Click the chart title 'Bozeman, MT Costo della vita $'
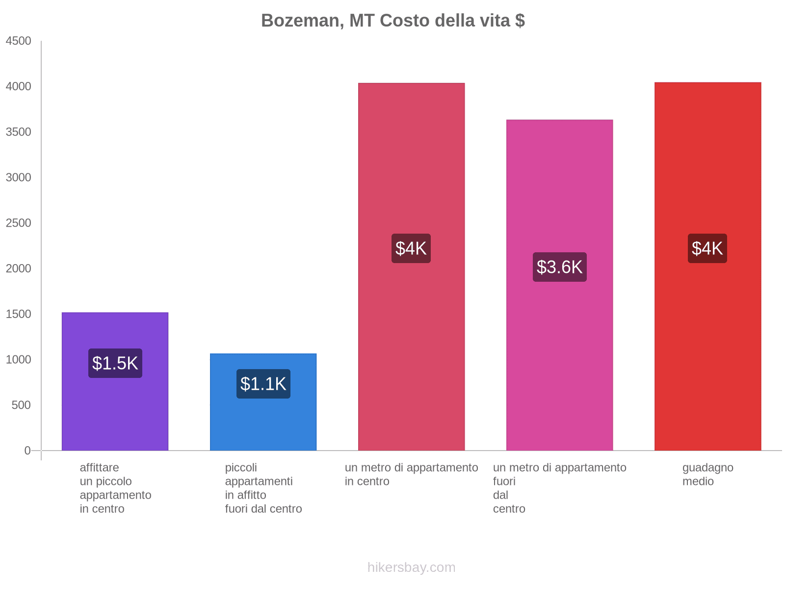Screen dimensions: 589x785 [x=392, y=21]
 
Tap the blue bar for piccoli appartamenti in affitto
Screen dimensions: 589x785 [x=263, y=422]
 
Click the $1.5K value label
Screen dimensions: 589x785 [x=115, y=363]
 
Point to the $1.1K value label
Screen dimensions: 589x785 [x=263, y=384]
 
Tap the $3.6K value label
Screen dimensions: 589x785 [x=559, y=267]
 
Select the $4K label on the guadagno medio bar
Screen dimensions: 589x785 [x=707, y=248]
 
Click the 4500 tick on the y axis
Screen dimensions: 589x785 [x=19, y=41]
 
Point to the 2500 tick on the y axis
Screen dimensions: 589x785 [x=19, y=223]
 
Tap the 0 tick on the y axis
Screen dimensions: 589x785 [x=27, y=451]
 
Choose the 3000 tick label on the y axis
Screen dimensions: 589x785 [x=19, y=178]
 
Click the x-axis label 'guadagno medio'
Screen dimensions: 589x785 [x=707, y=475]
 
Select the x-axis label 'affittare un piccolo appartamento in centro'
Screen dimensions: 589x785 [x=115, y=488]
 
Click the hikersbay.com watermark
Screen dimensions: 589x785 [x=411, y=567]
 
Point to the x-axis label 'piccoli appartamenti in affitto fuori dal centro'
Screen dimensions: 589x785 [x=263, y=488]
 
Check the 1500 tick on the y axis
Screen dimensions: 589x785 [x=19, y=314]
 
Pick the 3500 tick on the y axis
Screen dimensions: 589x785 [x=19, y=132]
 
